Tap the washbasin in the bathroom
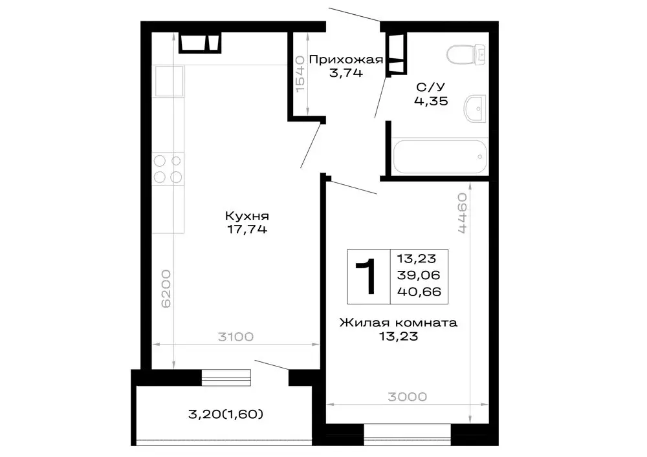tap(476, 109)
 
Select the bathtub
tap(439, 156)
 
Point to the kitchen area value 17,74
tap(246, 229)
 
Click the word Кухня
tap(247, 216)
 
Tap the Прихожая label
tap(345, 60)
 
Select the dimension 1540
tap(300, 74)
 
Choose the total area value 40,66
tap(419, 292)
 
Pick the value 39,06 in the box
tap(419, 275)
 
